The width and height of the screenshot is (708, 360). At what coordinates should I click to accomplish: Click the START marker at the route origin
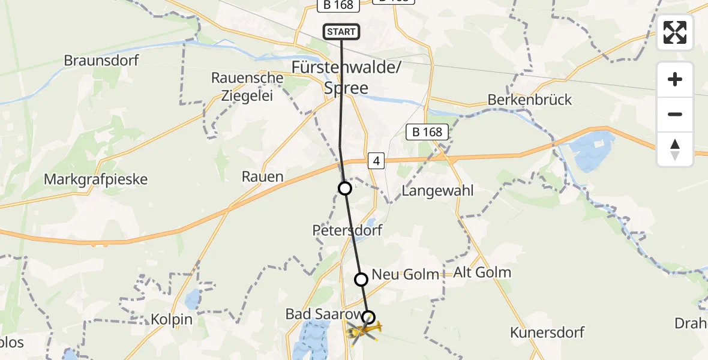point(341,32)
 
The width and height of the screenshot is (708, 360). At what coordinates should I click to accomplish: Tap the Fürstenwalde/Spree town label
point(346,77)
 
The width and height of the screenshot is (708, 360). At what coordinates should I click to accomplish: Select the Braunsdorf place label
point(101,61)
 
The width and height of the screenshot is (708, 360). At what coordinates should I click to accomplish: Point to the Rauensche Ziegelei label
point(247,86)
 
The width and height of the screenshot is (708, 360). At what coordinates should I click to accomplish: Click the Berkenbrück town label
point(530,100)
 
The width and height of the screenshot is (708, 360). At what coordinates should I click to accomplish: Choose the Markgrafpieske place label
point(96,179)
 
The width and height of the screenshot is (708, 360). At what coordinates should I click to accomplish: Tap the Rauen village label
point(262,176)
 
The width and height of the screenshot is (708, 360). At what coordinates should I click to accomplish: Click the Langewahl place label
point(437,191)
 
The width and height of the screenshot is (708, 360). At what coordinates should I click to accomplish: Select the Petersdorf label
point(347,230)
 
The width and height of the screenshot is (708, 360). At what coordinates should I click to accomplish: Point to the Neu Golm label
point(406,274)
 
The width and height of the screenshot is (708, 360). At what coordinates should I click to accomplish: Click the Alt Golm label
point(483,272)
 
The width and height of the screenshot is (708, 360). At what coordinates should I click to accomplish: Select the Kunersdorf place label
point(547,332)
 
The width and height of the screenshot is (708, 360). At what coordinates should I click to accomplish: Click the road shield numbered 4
point(376,161)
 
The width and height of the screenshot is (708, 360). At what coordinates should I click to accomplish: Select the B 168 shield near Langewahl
point(427,133)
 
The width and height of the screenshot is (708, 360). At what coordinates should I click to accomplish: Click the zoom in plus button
point(675,79)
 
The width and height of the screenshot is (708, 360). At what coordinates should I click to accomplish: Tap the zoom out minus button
point(675,114)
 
